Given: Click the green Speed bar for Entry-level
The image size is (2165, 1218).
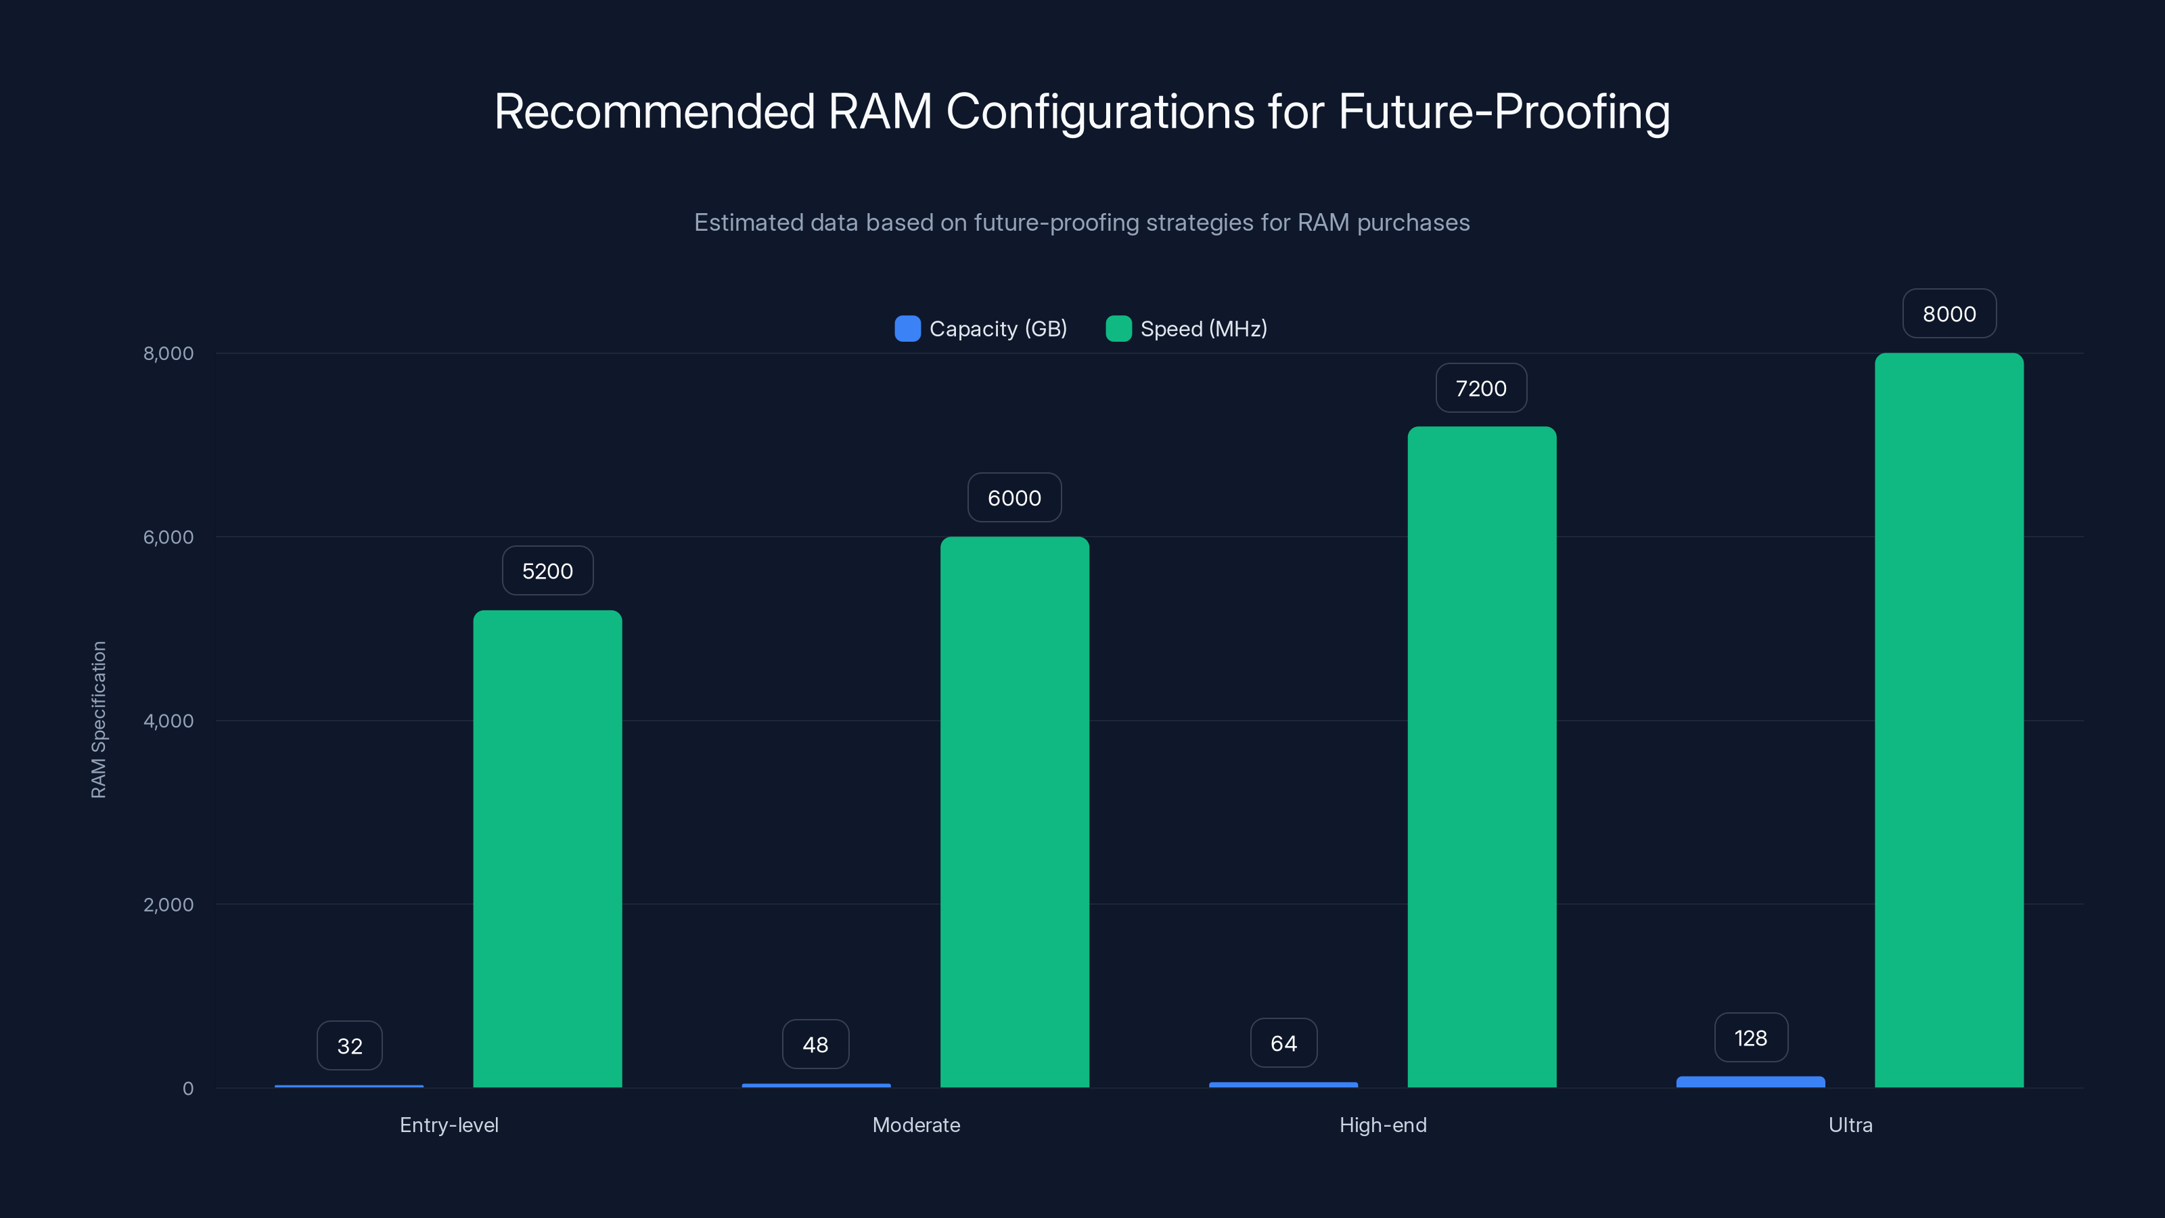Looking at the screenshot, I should tap(547, 849).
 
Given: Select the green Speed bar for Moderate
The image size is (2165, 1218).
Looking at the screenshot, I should tap(1014, 812).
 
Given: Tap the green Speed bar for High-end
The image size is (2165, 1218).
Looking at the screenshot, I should tap(1482, 757).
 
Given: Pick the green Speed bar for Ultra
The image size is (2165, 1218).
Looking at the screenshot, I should tap(1949, 721).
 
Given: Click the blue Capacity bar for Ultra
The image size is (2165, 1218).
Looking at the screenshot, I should tap(1751, 1082).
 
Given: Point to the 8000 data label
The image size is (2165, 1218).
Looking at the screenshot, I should tap(1949, 313).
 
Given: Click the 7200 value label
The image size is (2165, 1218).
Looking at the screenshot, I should tap(1481, 388).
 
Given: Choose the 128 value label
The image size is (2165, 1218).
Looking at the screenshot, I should tap(1751, 1038).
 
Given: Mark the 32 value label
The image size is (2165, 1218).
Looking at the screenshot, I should tap(350, 1045).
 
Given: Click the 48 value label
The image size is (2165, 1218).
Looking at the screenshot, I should tap(815, 1045).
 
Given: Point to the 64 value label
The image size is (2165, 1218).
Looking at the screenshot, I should tap(1283, 1043).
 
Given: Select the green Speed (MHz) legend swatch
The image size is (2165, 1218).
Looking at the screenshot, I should tap(1118, 329).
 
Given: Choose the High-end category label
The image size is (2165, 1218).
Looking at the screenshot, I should tap(1382, 1125).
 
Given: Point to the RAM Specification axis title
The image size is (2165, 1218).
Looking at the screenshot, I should tap(98, 719).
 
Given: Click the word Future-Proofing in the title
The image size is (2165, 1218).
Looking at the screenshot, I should tap(1503, 112).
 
